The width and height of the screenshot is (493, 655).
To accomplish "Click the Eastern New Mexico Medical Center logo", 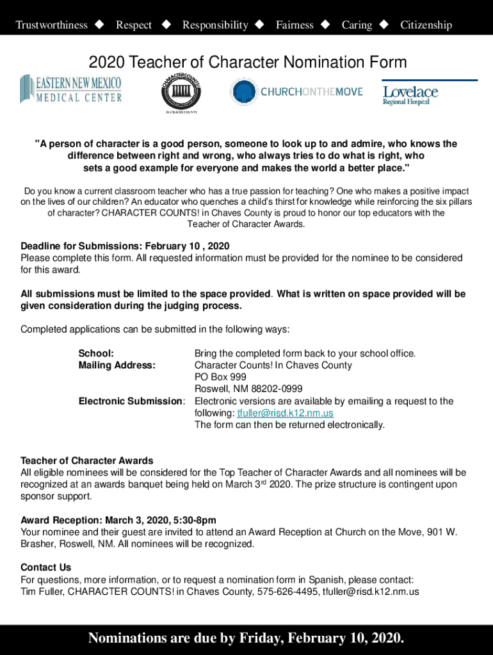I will point(70,90).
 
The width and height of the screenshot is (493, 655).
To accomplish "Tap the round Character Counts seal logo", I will point(181,93).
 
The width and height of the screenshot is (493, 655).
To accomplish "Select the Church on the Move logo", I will point(296,92).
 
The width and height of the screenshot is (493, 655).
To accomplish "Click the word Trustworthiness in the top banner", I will point(51,25).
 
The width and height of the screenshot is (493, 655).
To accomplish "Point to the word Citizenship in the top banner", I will point(426,25).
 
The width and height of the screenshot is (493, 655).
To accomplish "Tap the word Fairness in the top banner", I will point(295,25).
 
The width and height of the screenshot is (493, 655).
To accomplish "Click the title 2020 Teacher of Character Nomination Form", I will point(248,62).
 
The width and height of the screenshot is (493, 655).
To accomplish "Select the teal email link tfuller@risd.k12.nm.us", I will point(285,413).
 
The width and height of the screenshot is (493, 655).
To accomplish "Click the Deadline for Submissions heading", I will point(125,246).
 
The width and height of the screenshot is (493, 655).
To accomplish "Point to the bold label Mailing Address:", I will point(117,365).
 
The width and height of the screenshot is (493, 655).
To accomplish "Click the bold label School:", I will point(96,353).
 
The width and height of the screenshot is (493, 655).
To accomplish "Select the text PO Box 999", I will point(220,377).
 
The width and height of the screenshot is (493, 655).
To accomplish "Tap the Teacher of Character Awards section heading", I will point(87,461).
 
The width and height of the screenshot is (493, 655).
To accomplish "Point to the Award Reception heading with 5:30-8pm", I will point(118,520).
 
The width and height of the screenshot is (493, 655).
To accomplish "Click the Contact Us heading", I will point(46,567).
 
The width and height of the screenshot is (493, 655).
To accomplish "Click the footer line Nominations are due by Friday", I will point(247,638).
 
